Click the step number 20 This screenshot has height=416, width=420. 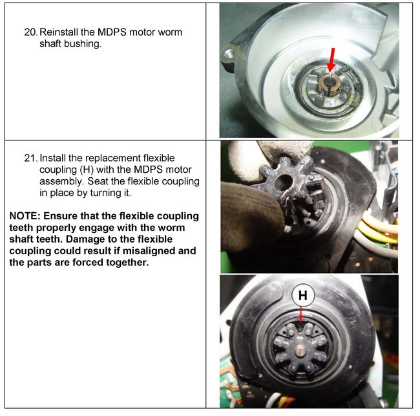(x=31, y=32)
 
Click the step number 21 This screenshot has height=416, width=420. (x=31, y=159)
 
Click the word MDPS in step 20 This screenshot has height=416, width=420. (x=112, y=32)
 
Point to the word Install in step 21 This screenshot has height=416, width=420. (x=52, y=159)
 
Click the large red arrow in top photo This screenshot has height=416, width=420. (x=331, y=60)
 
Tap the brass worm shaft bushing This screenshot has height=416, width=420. (x=329, y=84)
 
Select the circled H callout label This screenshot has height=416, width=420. (x=303, y=295)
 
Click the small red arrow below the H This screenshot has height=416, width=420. (x=301, y=315)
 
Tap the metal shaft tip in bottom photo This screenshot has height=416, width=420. (x=301, y=351)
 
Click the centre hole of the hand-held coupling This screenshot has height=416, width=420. (x=284, y=182)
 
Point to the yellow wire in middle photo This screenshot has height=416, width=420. (x=375, y=233)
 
